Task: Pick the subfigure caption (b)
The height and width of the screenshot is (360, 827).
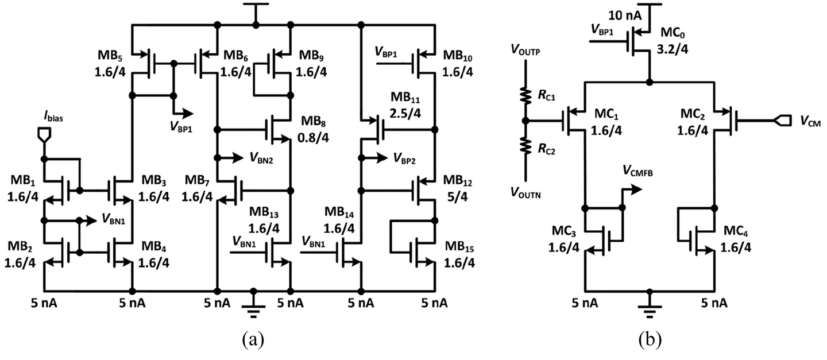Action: tap(650, 340)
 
